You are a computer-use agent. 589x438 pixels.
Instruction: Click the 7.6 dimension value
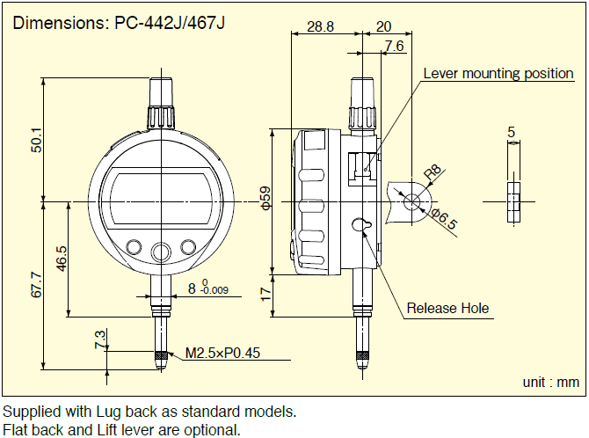[x=394, y=46]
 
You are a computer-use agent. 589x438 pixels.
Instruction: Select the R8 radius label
[x=433, y=174]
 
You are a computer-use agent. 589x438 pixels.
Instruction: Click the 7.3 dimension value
[x=99, y=339]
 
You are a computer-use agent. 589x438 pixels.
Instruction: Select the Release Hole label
[x=447, y=308]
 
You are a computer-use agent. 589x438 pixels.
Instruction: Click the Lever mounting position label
[x=498, y=74]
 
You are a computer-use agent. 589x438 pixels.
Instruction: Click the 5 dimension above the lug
[x=511, y=132]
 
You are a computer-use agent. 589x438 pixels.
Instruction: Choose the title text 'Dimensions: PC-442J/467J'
[x=119, y=22]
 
